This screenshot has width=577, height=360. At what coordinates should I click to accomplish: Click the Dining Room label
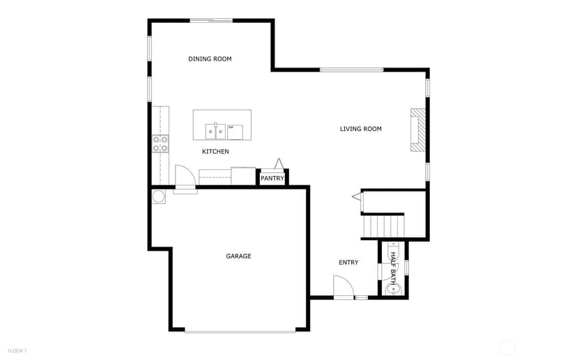[210, 58]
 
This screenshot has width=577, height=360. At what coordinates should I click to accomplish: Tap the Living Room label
[361, 129]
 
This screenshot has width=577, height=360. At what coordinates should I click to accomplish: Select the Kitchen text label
[215, 152]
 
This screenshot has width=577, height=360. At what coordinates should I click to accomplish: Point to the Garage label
[238, 256]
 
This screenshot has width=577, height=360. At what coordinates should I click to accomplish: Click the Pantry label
[272, 178]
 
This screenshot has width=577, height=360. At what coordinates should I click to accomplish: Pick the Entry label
[348, 263]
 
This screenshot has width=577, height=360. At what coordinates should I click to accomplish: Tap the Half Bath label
[393, 269]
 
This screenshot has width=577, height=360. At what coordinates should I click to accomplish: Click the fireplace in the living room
[418, 130]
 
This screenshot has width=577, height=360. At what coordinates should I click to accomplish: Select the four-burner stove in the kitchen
[160, 143]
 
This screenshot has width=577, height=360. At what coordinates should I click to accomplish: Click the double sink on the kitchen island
[215, 132]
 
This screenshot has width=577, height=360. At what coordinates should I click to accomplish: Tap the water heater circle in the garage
[159, 196]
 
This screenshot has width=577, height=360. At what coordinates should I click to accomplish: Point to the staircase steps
[383, 226]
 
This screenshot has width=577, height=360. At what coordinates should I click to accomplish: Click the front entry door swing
[344, 286]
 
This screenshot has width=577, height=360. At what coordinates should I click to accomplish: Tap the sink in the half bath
[393, 290]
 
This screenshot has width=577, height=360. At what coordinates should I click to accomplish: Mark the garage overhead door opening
[240, 331]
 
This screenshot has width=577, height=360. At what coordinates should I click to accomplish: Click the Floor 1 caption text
[17, 351]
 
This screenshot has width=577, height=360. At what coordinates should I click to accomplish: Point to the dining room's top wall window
[211, 21]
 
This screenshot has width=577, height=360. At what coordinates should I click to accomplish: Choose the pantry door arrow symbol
[279, 164]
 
